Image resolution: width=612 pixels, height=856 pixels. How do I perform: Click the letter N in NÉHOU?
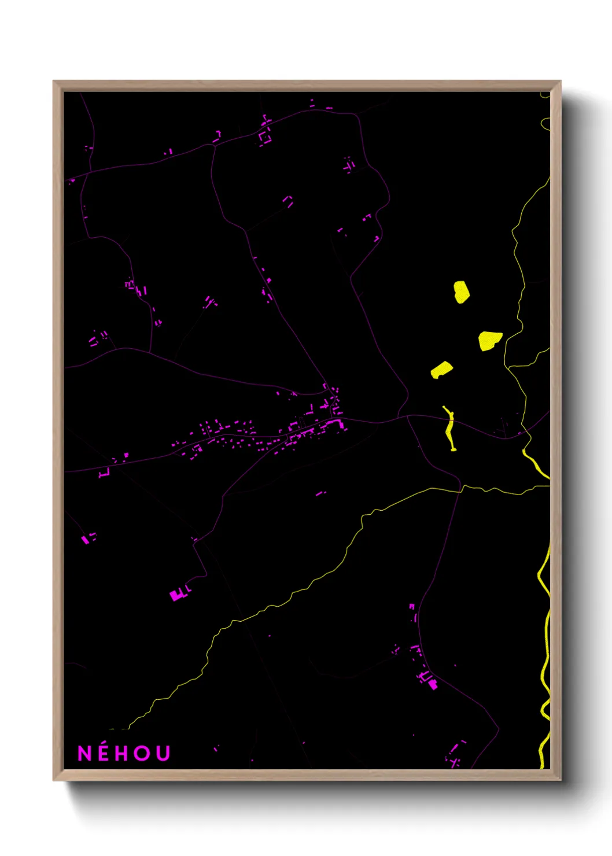[x=84, y=753]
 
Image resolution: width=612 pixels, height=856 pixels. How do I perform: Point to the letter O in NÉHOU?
[x=142, y=753]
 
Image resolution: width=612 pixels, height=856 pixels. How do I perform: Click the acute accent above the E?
[x=104, y=743]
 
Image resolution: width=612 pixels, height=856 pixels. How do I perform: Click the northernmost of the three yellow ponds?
[x=461, y=292]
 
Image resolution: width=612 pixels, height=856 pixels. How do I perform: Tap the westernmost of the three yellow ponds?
[x=441, y=370]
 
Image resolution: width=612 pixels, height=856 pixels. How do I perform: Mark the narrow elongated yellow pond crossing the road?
[x=450, y=428]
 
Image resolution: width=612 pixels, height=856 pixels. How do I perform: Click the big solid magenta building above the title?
[x=176, y=595]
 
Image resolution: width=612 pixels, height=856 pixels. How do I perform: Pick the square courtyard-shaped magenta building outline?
[x=266, y=138]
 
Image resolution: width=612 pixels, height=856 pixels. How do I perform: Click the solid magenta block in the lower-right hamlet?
[x=433, y=685]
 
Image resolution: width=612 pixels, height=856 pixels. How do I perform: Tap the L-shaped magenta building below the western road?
[x=104, y=474]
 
